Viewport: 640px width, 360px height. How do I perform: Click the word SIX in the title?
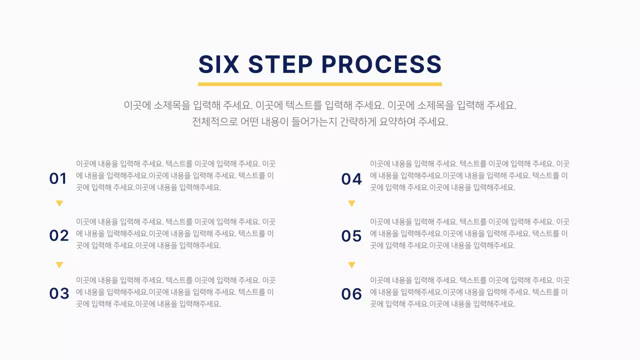coord(219,65)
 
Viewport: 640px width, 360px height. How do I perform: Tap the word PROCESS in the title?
coord(381,65)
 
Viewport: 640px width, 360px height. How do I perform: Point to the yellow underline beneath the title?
coord(320,84)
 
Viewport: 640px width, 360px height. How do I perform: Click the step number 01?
coord(58,178)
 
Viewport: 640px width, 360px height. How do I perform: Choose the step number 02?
coord(59,235)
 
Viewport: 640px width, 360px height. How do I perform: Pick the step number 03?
coord(59,293)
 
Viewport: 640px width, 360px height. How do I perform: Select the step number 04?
coord(351,179)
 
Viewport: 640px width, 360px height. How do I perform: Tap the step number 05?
coord(351,236)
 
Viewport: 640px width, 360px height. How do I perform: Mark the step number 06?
coord(351,294)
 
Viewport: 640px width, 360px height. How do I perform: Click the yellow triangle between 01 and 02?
coord(59,203)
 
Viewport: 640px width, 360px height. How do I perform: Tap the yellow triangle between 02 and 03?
coord(59,265)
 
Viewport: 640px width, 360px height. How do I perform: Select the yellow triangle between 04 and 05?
coord(351,203)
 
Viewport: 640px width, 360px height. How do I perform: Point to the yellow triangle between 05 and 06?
coord(351,265)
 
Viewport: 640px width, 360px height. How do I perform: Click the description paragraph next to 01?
coord(175,175)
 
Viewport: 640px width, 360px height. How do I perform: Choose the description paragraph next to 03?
coord(175,292)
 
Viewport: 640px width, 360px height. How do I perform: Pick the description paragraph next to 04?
coord(469,175)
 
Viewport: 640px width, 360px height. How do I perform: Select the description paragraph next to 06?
coord(469,292)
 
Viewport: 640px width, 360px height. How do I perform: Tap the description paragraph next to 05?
coord(469,233)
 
